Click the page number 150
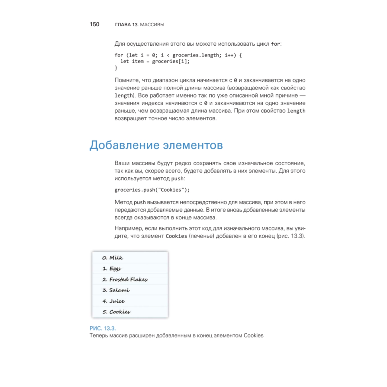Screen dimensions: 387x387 click(94, 24)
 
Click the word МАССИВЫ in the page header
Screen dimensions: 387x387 click(152, 25)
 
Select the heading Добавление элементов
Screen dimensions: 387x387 click(156, 145)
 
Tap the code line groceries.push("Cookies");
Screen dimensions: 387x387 click(152, 190)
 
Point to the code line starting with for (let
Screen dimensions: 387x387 click(178, 55)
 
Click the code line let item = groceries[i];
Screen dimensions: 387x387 click(155, 61)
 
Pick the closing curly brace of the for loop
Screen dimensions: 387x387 click(116, 68)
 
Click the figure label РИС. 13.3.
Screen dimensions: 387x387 click(103, 328)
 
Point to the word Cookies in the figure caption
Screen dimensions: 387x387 click(253, 336)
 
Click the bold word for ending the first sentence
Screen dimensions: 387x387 click(275, 44)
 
